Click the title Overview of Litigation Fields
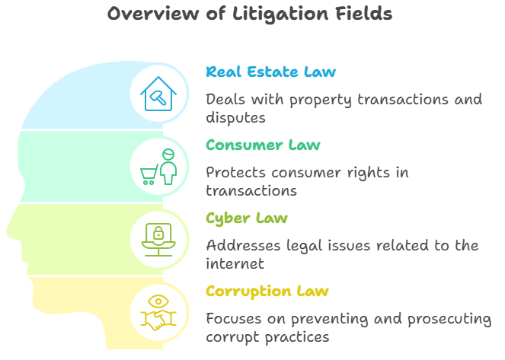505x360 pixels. pyautogui.click(x=249, y=14)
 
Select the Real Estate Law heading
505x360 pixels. pyautogui.click(x=270, y=72)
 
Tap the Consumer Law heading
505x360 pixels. pyautogui.click(x=263, y=145)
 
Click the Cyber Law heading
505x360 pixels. pyautogui.click(x=246, y=219)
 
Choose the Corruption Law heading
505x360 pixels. pyautogui.click(x=267, y=292)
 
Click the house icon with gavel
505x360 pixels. pyautogui.click(x=159, y=94)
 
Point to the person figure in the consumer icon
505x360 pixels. pyautogui.click(x=168, y=166)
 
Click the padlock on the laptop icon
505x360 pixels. pyautogui.click(x=159, y=231)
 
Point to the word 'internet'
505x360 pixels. pyautogui.click(x=235, y=264)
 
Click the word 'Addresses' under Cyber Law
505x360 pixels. pyautogui.click(x=243, y=246)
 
